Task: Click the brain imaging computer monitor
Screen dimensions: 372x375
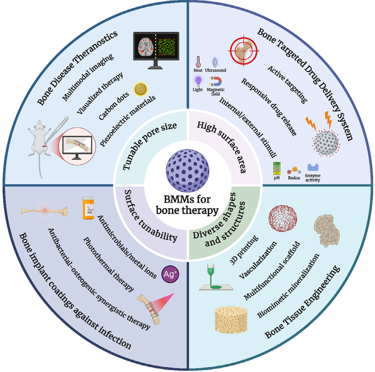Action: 155,51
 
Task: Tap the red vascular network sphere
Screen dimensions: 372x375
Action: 282,218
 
